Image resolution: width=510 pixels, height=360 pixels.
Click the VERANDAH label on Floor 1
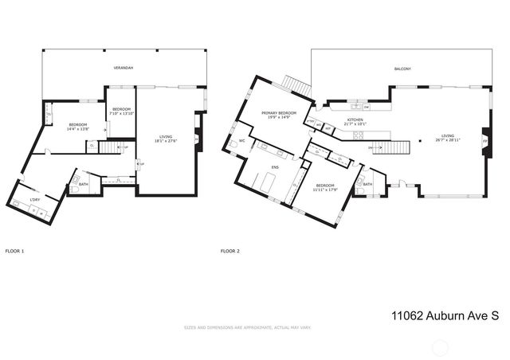(x=123, y=68)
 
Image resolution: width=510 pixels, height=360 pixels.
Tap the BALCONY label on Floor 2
(x=402, y=69)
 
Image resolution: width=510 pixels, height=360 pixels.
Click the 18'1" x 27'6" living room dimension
(x=166, y=141)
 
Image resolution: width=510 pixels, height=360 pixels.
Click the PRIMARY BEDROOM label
(x=279, y=113)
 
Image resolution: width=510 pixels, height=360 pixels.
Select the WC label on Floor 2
(x=241, y=141)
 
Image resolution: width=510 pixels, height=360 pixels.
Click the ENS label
(x=275, y=167)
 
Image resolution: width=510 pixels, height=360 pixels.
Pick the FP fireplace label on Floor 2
(x=484, y=142)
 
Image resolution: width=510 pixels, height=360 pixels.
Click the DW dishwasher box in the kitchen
(x=365, y=106)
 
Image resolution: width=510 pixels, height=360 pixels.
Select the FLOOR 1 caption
(x=14, y=251)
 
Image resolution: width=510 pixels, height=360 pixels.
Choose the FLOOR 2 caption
(x=229, y=251)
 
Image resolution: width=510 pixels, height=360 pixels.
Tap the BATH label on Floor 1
(x=83, y=184)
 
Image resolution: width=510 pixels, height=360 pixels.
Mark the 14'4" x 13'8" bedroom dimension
(x=77, y=129)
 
